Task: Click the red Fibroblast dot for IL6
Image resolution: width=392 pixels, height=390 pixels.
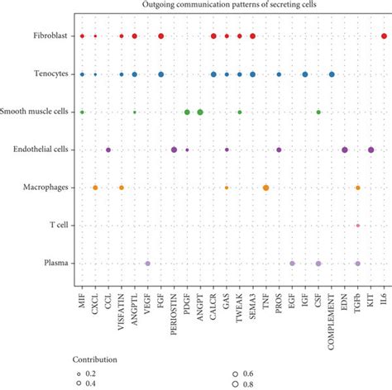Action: pos(385,36)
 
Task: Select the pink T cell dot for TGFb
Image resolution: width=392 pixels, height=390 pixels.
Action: pos(358,226)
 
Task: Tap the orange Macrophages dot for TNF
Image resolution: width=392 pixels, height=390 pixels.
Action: pos(265,188)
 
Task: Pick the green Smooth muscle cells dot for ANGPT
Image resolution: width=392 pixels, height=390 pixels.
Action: pos(200,112)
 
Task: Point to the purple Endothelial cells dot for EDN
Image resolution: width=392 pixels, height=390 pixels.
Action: pos(345,150)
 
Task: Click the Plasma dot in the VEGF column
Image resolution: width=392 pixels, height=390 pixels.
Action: pos(148,264)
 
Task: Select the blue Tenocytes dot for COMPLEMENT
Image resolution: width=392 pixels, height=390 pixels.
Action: pos(332,74)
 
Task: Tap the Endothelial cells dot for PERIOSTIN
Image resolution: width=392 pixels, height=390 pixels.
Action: pos(174,150)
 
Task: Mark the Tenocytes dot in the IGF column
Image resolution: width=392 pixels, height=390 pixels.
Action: pos(305,74)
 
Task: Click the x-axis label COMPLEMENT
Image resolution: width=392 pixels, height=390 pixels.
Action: pos(332,310)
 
